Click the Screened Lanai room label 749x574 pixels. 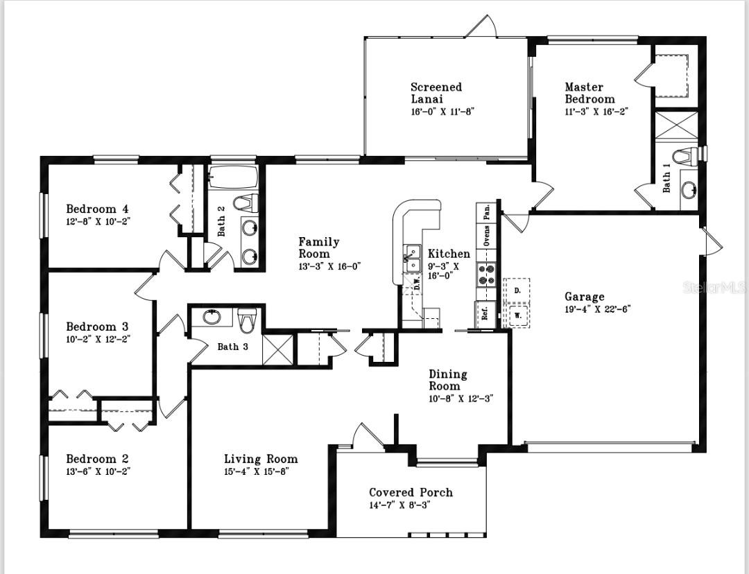click(436, 93)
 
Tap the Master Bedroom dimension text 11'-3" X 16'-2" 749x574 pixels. click(596, 111)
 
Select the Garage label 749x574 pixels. click(584, 297)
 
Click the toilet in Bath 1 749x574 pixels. click(685, 156)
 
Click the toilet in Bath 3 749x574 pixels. click(247, 320)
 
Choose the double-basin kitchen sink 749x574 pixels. click(413, 258)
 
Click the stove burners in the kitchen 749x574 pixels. click(485, 275)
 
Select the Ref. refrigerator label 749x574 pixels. click(485, 313)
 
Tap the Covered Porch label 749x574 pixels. click(411, 492)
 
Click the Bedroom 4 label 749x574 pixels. click(97, 209)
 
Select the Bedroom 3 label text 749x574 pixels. click(97, 327)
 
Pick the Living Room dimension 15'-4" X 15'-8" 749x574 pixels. click(256, 471)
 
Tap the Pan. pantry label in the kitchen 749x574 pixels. click(487, 212)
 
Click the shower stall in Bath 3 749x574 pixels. click(277, 349)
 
